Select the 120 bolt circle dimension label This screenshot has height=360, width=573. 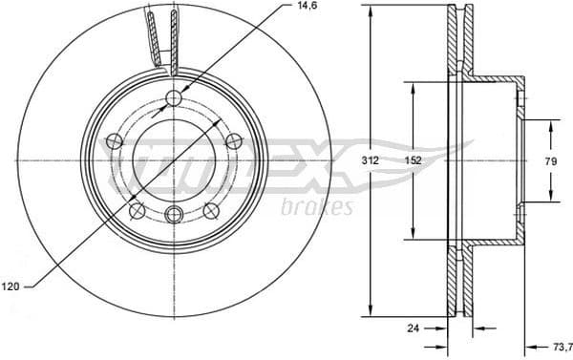click(11, 286)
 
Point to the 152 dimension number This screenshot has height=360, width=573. click(412, 161)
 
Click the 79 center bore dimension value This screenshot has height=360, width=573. click(551, 161)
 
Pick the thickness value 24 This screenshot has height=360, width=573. click(413, 328)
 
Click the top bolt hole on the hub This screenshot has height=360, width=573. click(173, 99)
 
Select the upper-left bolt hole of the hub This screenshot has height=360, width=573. click(115, 141)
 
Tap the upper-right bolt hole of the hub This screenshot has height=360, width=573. click(232, 141)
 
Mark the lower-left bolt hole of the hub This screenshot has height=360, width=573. click(137, 209)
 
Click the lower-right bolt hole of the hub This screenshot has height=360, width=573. click(209, 209)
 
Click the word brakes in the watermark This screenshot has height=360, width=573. click(318, 207)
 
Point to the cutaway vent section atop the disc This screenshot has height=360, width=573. click(162, 38)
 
